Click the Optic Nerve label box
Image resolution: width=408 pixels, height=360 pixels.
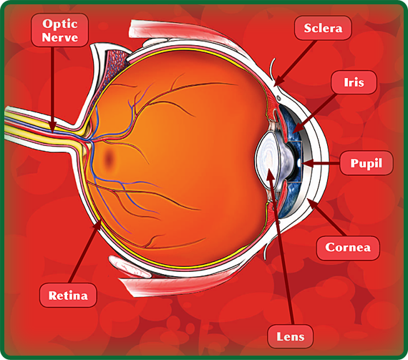click(x=59, y=30)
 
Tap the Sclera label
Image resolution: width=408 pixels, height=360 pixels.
click(x=323, y=28)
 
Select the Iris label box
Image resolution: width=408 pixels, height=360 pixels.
click(x=354, y=82)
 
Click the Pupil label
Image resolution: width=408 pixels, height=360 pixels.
click(x=366, y=163)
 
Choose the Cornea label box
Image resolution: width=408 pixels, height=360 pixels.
click(x=348, y=248)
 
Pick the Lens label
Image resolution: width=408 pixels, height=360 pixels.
click(x=291, y=336)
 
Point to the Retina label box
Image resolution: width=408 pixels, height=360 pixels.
click(x=68, y=296)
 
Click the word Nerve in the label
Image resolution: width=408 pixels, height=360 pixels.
click(x=60, y=37)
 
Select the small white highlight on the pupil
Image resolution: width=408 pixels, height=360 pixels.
click(x=299, y=163)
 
